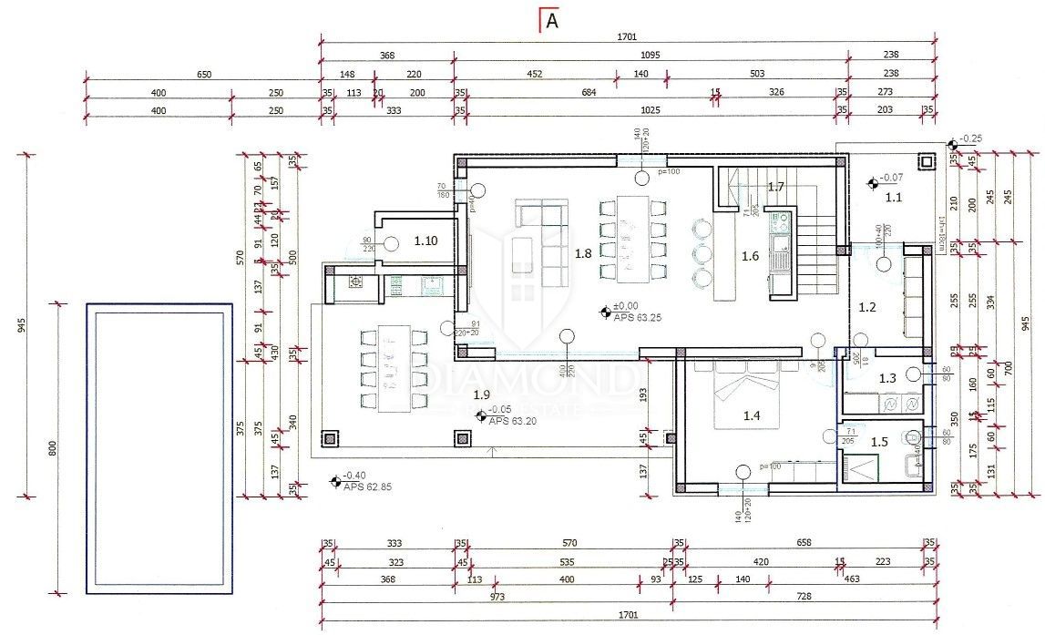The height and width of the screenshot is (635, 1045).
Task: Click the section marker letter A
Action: point(551,22)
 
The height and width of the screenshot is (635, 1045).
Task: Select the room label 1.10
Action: point(426,241)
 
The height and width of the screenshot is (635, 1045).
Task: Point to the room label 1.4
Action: point(752,415)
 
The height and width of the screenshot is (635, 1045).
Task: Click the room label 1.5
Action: point(879,442)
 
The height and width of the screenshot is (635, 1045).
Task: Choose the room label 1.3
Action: point(887,377)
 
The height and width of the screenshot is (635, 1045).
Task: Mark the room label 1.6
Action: point(750,256)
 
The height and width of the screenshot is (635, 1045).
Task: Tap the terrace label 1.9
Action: point(482,394)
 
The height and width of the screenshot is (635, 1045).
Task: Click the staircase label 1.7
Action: point(775,187)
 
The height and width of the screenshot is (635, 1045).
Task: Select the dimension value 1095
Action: point(650,54)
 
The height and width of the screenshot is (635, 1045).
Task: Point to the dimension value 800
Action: point(52,448)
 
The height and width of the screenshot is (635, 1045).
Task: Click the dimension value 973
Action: point(497,598)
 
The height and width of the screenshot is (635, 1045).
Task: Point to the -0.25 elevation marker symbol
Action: point(952,145)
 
